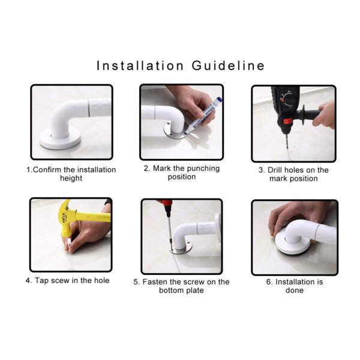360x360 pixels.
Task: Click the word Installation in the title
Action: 140,65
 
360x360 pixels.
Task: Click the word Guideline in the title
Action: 228,65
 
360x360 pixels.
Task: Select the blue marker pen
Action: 203,115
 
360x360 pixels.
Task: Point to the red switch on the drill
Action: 287,121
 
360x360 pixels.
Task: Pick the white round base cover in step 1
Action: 60,139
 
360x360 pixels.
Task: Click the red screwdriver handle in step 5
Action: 167,206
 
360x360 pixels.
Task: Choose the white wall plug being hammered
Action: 69,245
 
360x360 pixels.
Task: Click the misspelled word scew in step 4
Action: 60,281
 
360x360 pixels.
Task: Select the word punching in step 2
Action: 203,169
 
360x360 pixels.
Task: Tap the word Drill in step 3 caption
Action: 274,170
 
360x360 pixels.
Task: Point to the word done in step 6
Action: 295,290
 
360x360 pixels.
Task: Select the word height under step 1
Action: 71,178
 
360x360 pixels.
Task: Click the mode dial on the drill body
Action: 287,99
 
